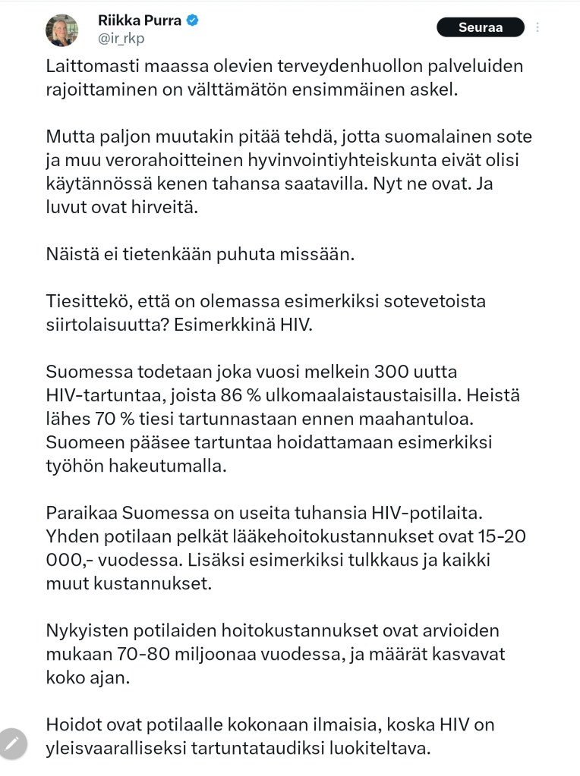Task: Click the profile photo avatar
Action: click(61, 30)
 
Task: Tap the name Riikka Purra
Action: click(140, 20)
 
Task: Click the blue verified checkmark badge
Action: click(193, 20)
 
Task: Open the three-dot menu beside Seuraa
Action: click(537, 27)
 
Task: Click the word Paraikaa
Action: click(83, 513)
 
